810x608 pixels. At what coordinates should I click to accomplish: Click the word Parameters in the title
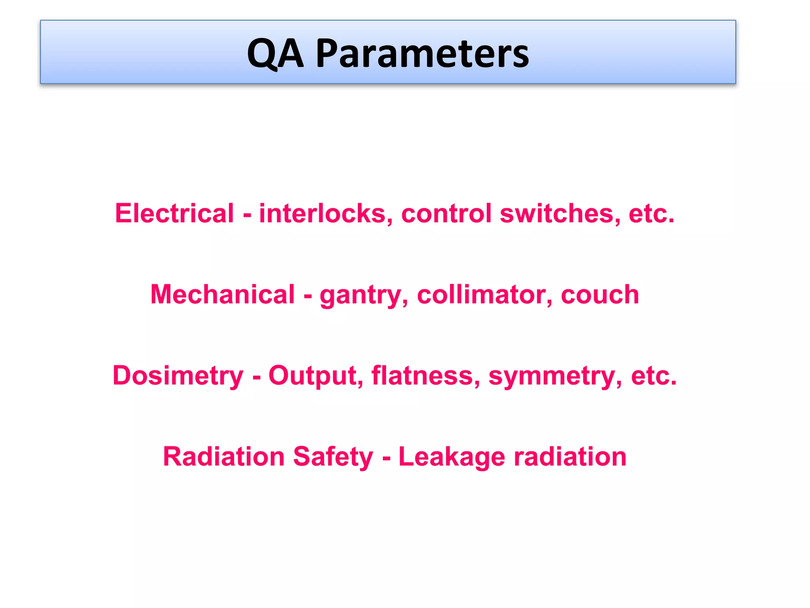[422, 53]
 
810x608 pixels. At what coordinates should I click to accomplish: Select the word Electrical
[174, 213]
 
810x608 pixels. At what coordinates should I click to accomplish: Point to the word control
[447, 213]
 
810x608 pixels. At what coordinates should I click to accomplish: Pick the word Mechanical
[223, 294]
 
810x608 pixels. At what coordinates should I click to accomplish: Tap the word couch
[600, 295]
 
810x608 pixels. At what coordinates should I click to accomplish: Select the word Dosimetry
[178, 376]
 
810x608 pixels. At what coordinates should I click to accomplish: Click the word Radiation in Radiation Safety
[223, 457]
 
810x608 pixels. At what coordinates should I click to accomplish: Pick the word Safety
[333, 458]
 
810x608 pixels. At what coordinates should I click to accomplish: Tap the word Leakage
[452, 458]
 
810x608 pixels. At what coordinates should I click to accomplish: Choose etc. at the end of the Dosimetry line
[654, 376]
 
